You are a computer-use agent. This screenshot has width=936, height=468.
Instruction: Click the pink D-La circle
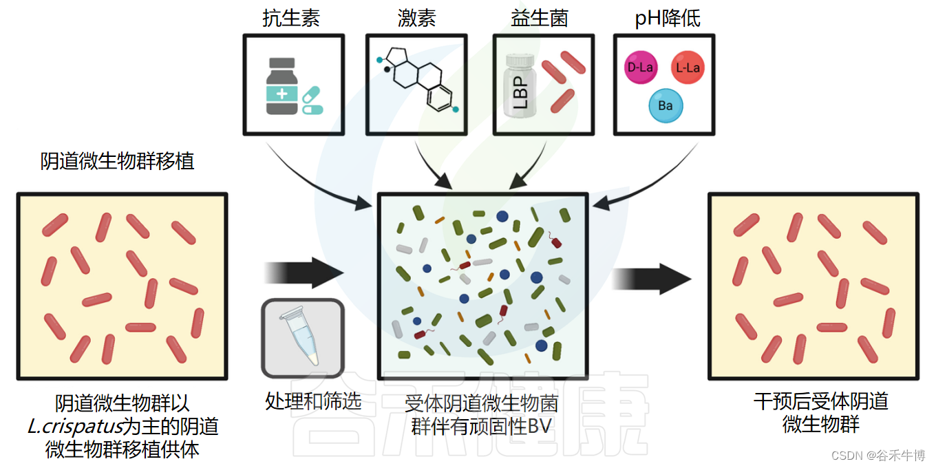(x=640, y=67)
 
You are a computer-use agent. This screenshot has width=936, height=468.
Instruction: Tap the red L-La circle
(x=688, y=67)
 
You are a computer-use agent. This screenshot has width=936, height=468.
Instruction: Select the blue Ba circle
(x=665, y=106)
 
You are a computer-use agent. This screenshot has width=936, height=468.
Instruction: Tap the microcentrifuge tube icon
(x=301, y=337)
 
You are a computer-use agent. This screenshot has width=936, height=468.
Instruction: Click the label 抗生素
(x=291, y=19)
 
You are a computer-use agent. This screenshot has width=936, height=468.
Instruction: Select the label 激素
(x=416, y=19)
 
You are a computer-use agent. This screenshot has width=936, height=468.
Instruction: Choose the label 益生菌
(x=540, y=19)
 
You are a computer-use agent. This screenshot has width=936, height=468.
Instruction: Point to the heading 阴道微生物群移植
(x=118, y=161)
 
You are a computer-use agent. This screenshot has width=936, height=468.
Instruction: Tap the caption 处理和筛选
(x=313, y=401)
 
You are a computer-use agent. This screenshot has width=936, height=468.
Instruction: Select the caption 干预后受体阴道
(x=820, y=401)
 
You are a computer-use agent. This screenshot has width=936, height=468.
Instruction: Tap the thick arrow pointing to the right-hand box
(x=652, y=279)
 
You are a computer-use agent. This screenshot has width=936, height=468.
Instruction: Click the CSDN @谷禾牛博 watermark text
(x=878, y=456)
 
